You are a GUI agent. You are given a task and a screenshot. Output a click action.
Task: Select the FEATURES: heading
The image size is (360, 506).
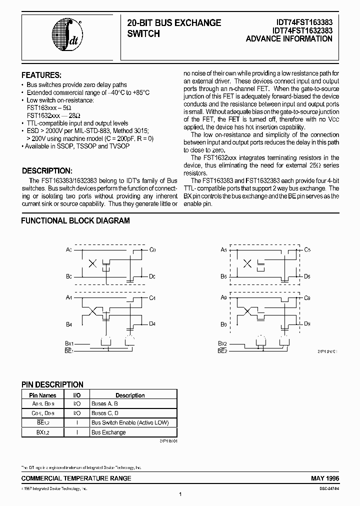tap(41, 75)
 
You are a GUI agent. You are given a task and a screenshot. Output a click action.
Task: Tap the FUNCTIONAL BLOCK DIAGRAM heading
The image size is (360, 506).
tap(75, 220)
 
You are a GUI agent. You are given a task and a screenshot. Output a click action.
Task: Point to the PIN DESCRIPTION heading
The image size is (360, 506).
tap(52, 384)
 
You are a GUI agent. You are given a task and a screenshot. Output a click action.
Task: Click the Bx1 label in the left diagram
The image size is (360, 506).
tap(69, 344)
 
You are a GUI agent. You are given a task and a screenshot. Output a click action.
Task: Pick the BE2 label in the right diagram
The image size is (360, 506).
tap(222, 351)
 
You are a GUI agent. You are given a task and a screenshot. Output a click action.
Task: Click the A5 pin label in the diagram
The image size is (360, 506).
tap(224, 249)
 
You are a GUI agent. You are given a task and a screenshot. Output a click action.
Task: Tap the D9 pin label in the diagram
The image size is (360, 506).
tap(307, 324)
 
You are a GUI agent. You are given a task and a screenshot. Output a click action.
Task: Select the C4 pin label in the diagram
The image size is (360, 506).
tap(153, 297)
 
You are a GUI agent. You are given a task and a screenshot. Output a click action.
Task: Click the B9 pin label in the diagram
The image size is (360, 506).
tap(224, 324)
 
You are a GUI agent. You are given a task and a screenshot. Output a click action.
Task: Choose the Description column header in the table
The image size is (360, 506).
tap(130, 395)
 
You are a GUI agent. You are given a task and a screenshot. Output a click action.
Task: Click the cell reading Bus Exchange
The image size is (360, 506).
tap(109, 432)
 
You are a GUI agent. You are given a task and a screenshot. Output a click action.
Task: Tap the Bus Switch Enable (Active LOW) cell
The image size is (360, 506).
tap(130, 423)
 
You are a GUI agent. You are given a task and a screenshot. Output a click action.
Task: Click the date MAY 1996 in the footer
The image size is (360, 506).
tap(325, 478)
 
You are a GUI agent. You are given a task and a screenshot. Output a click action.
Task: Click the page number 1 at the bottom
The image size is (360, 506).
tap(180, 494)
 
